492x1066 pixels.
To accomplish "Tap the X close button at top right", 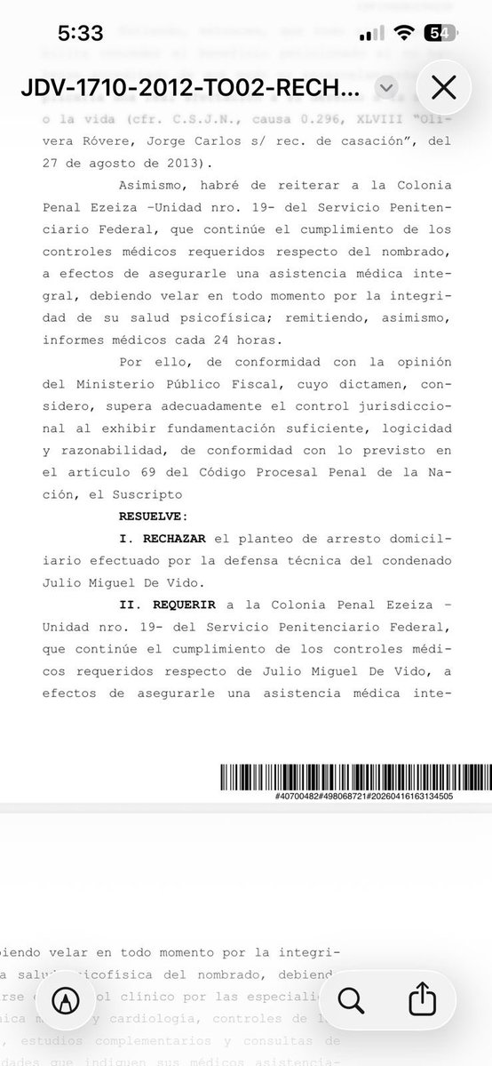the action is [443, 88].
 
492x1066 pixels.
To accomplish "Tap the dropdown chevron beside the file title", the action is [385, 87].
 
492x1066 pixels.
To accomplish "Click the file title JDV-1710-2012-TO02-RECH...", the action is [188, 89].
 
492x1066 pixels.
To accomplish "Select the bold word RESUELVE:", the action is [153, 515].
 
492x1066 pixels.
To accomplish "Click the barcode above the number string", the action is [354, 779].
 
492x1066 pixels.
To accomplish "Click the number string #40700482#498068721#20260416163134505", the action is [364, 797].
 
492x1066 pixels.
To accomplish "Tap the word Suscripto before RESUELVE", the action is [152, 493].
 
